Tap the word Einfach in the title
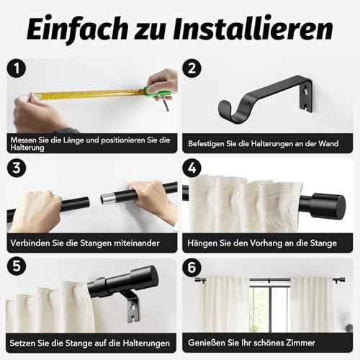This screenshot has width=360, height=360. (x=77, y=30)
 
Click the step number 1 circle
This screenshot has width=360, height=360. (x=17, y=68)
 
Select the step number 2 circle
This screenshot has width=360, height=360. (x=192, y=68)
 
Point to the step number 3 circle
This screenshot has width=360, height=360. (x=17, y=168)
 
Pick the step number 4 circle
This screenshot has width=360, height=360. (x=192, y=168)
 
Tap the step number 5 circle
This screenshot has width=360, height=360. (x=17, y=266)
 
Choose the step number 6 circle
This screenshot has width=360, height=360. (x=192, y=267)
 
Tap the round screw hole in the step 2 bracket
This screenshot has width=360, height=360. (x=305, y=91)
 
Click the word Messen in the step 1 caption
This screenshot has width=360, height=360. (x=23, y=140)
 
